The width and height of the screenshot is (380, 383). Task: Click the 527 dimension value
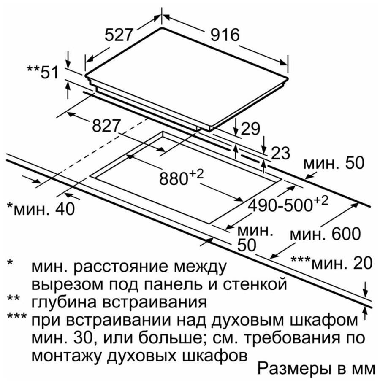coord(119,35)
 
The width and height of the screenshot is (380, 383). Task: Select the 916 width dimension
coord(225,35)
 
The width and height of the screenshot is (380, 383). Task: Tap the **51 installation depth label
coord(43,72)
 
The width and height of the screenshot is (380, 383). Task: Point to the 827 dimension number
coord(106,126)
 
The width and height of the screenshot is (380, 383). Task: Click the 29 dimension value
coord(250,129)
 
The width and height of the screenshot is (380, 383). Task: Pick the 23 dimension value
coord(281,153)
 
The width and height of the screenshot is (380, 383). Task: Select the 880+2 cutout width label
coord(181,177)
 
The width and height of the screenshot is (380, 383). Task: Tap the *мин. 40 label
coord(41,209)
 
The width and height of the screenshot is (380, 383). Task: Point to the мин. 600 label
coord(325,234)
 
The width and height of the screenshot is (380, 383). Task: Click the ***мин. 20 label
coord(331,263)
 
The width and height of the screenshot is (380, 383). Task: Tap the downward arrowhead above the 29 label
coord(236,132)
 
